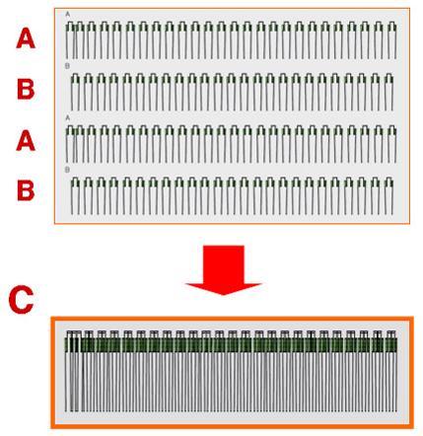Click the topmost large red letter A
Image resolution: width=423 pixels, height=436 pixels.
tap(26, 38)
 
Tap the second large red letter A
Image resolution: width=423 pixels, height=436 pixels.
tap(26, 141)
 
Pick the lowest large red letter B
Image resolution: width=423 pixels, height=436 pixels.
tap(26, 190)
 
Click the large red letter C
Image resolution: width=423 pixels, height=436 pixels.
tap(21, 300)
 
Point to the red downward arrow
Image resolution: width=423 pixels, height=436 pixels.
tap(224, 269)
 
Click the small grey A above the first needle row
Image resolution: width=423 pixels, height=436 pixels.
tap(68, 14)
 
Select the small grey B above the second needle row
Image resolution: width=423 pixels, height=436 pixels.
tap(67, 66)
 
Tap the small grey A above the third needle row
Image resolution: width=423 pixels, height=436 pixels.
tap(68, 118)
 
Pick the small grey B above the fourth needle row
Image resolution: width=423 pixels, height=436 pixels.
tap(67, 170)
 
